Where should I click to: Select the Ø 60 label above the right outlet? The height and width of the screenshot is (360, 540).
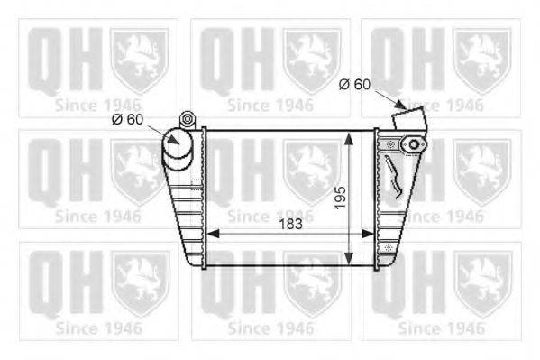(x=354, y=84)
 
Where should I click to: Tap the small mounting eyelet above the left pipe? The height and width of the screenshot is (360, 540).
(x=188, y=117)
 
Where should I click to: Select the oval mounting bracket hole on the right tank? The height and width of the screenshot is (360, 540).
(x=415, y=144)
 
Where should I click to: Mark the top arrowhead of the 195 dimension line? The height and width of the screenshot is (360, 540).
(x=350, y=136)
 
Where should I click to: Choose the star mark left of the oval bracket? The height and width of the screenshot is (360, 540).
(x=389, y=143)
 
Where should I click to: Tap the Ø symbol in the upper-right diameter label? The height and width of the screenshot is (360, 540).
(x=343, y=84)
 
